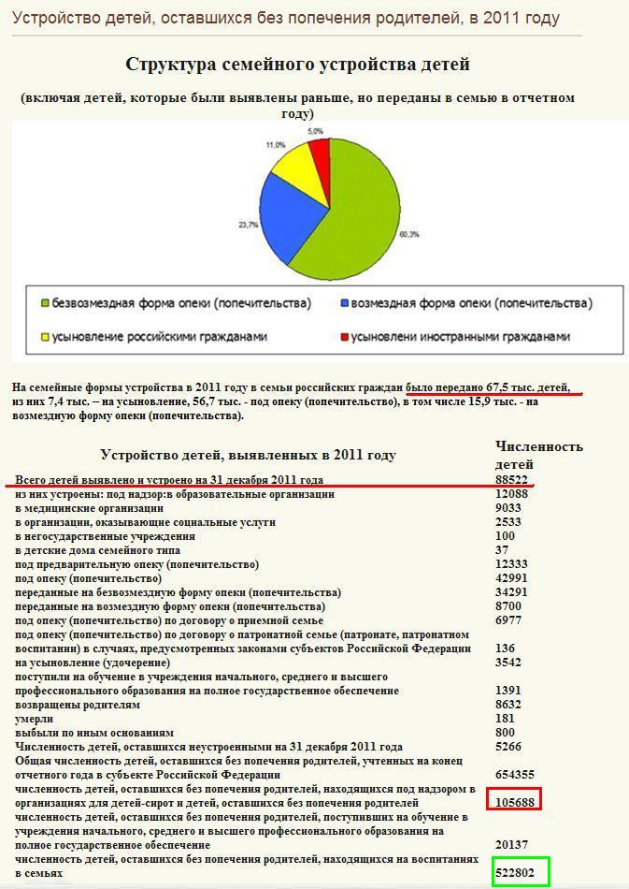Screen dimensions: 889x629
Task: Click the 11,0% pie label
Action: (x=275, y=145)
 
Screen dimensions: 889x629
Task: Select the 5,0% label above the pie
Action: (x=315, y=131)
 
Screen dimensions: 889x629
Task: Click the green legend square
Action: (x=45, y=304)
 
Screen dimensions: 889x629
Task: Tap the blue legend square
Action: (x=345, y=304)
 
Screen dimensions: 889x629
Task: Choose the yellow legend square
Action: (x=45, y=337)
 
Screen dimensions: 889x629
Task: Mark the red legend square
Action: (x=345, y=337)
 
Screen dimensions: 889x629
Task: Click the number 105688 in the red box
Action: (x=515, y=802)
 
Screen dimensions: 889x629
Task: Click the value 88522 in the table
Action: (x=512, y=480)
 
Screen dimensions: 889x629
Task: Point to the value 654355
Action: (x=515, y=774)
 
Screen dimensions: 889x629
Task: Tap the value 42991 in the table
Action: (x=512, y=578)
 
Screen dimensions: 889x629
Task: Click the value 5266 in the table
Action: (x=508, y=747)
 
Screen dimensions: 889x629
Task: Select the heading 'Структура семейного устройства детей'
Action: (x=297, y=65)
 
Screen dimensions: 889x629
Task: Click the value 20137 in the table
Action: (x=512, y=844)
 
